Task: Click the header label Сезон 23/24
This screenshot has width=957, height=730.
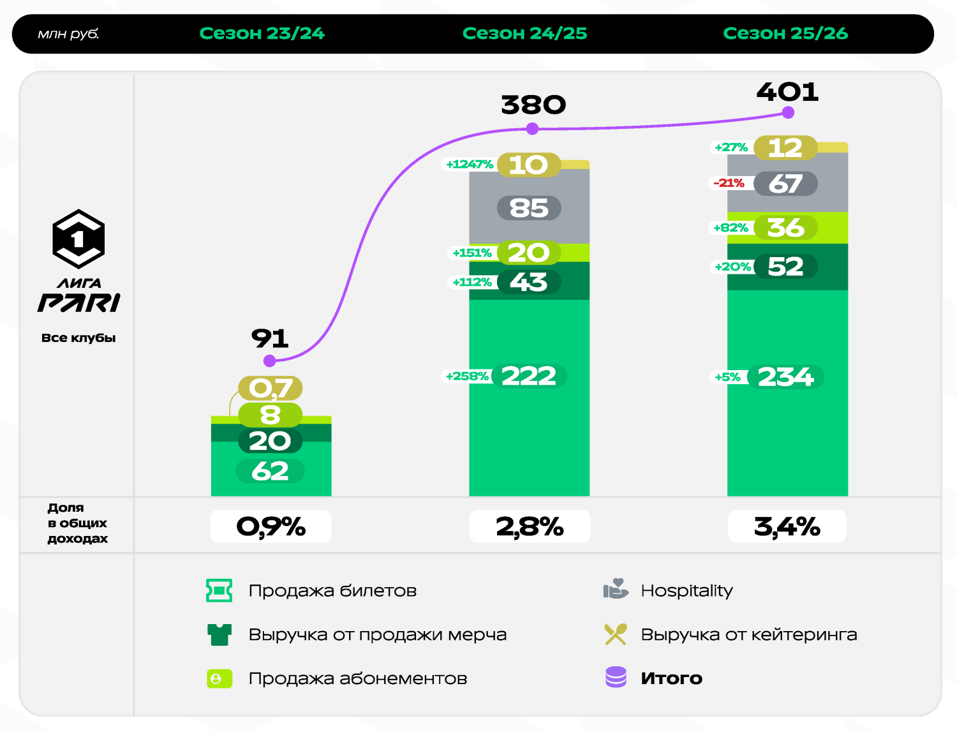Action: (x=262, y=33)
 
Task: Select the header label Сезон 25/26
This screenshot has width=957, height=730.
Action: (x=785, y=33)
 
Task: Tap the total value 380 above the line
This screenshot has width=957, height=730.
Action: (x=533, y=105)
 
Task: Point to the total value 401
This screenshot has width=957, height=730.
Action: (x=787, y=92)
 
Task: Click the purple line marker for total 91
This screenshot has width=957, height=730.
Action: (x=270, y=361)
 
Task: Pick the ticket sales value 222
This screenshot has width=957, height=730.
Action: (x=528, y=376)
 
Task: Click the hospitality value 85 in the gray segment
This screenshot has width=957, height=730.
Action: (x=529, y=208)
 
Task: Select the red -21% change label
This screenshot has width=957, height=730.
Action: (x=729, y=183)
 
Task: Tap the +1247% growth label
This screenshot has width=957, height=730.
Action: (x=470, y=164)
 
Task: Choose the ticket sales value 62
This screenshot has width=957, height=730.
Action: (x=270, y=471)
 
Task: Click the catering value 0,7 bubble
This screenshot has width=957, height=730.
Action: (x=271, y=388)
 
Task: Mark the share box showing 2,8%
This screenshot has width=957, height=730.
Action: (x=530, y=526)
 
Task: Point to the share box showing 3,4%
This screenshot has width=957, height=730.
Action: (x=787, y=526)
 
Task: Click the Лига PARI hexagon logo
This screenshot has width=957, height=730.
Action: (x=78, y=239)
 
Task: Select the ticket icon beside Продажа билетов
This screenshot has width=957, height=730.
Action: (x=219, y=590)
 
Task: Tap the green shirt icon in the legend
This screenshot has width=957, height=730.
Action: (x=219, y=634)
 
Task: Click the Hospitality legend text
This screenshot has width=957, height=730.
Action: (x=686, y=590)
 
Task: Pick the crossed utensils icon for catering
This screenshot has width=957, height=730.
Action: (x=616, y=634)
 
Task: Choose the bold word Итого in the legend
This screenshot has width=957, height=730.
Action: (x=671, y=678)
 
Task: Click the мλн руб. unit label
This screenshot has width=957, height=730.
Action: (x=68, y=34)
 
